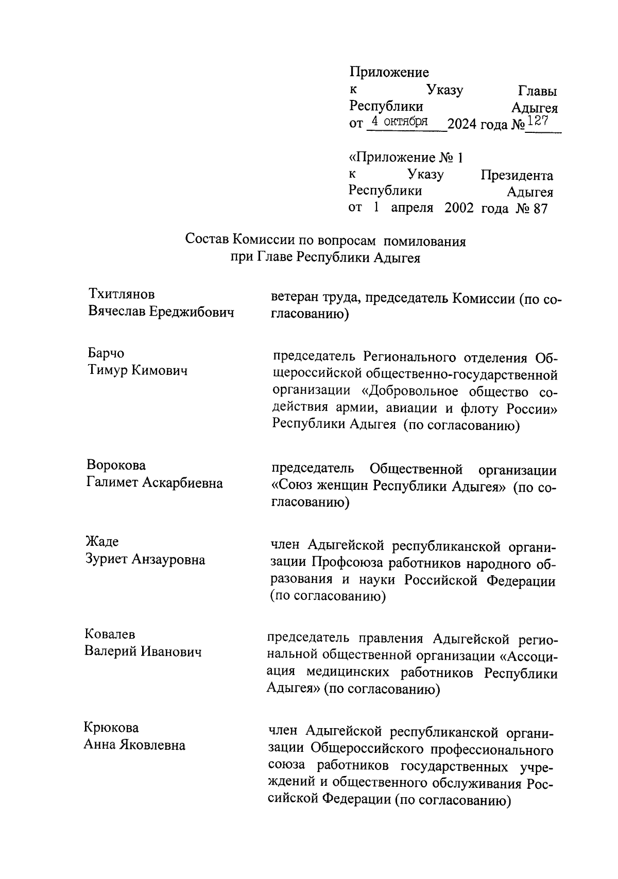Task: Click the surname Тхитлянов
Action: pyautogui.click(x=122, y=295)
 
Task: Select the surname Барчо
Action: pyautogui.click(x=106, y=354)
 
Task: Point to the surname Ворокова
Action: pyautogui.click(x=116, y=466)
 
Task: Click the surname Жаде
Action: pyautogui.click(x=102, y=542)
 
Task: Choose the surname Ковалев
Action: pyautogui.click(x=110, y=635)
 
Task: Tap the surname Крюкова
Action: pyautogui.click(x=111, y=728)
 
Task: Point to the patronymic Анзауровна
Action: pyautogui.click(x=168, y=560)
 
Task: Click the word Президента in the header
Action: pyautogui.click(x=517, y=176)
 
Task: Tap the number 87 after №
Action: pyautogui.click(x=540, y=209)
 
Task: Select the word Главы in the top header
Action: pyautogui.click(x=538, y=92)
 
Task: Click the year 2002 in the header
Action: pyautogui.click(x=459, y=209)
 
